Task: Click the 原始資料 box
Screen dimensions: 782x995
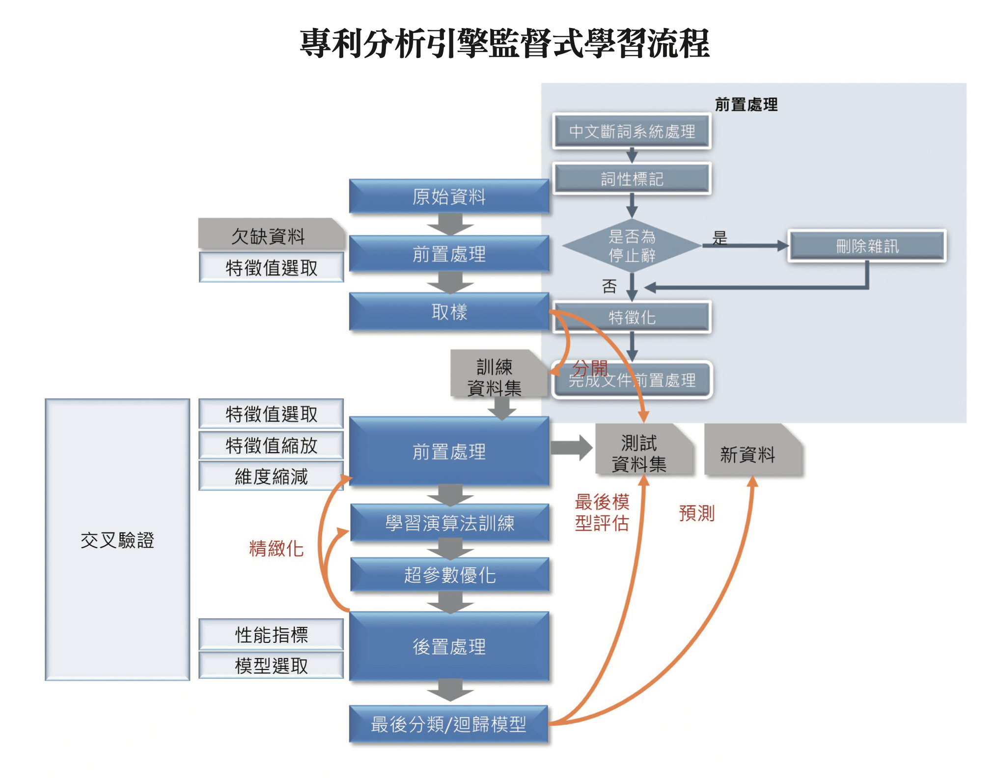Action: [x=449, y=196]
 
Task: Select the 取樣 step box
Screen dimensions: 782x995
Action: [x=449, y=312]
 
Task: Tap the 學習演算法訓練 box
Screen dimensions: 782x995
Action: [x=449, y=523]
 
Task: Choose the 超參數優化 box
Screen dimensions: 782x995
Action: [x=449, y=575]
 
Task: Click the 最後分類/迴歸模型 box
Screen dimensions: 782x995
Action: [x=448, y=724]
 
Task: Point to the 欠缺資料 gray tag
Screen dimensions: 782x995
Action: [x=269, y=236]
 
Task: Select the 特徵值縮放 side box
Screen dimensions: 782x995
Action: [x=271, y=446]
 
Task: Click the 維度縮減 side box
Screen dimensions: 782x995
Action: [x=271, y=476]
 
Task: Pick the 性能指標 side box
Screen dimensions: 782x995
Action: [x=271, y=635]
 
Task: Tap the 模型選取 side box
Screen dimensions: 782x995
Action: [x=271, y=666]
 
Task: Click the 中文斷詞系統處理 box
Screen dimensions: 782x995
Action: [x=632, y=131]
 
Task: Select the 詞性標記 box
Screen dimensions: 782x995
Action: [x=632, y=179]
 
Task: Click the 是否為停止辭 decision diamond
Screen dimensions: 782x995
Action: [x=632, y=246]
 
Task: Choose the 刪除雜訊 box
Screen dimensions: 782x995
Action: [x=867, y=246]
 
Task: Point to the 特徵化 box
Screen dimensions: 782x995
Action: [x=632, y=317]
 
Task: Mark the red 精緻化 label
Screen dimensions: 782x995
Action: [x=276, y=548]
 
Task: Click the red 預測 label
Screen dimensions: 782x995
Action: [x=696, y=513]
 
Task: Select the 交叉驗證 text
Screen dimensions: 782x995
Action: [x=117, y=540]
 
